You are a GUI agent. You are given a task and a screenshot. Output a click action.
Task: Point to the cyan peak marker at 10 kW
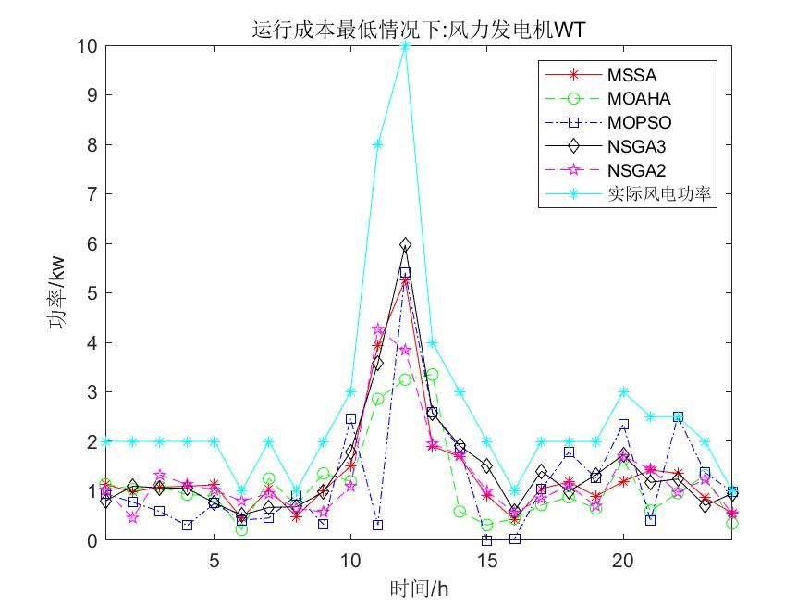[405, 45]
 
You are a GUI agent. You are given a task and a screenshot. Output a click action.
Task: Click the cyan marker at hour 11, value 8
[377, 144]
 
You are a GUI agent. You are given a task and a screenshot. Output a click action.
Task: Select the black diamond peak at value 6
[405, 244]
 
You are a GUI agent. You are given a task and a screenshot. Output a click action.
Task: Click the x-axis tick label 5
[214, 560]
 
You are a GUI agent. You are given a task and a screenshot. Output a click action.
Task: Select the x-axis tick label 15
[487, 560]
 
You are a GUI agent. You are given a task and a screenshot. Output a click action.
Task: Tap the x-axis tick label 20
[624, 560]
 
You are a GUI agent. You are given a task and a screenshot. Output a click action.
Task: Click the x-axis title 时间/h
[419, 587]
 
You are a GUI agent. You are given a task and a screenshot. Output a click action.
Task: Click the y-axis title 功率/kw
[57, 293]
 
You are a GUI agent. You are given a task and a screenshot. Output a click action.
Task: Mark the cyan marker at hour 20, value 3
[624, 392]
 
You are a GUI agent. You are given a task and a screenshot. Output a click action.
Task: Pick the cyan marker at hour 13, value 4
[433, 343]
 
